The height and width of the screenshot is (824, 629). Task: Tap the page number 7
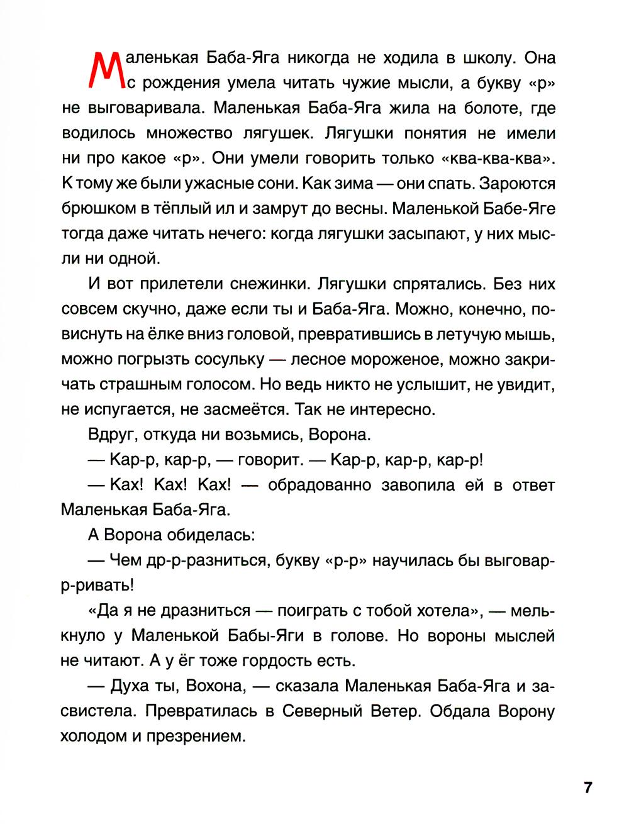(587, 787)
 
